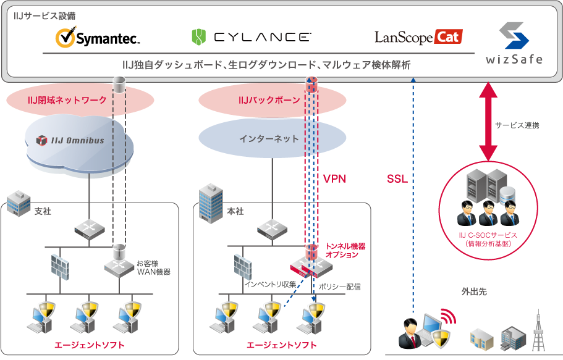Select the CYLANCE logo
[x=251, y=37]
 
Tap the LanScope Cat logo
[x=418, y=37]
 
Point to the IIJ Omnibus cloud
[x=80, y=141]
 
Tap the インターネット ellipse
[x=273, y=138]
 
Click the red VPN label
[x=334, y=178]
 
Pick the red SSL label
[x=397, y=178]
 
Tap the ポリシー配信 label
[x=339, y=287]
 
